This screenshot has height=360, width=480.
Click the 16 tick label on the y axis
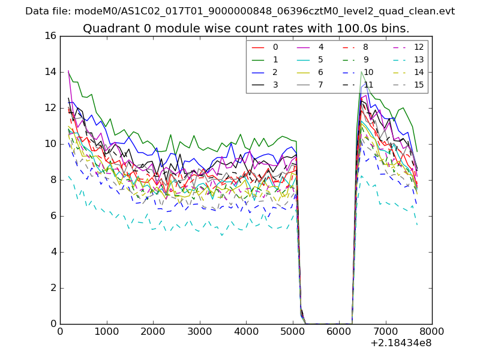50,36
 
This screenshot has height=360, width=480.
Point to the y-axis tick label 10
50,144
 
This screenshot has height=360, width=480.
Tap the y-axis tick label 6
53,216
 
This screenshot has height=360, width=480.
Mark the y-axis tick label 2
53,288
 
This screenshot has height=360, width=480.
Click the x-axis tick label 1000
106,331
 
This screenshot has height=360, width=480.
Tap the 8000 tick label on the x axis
432,331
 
